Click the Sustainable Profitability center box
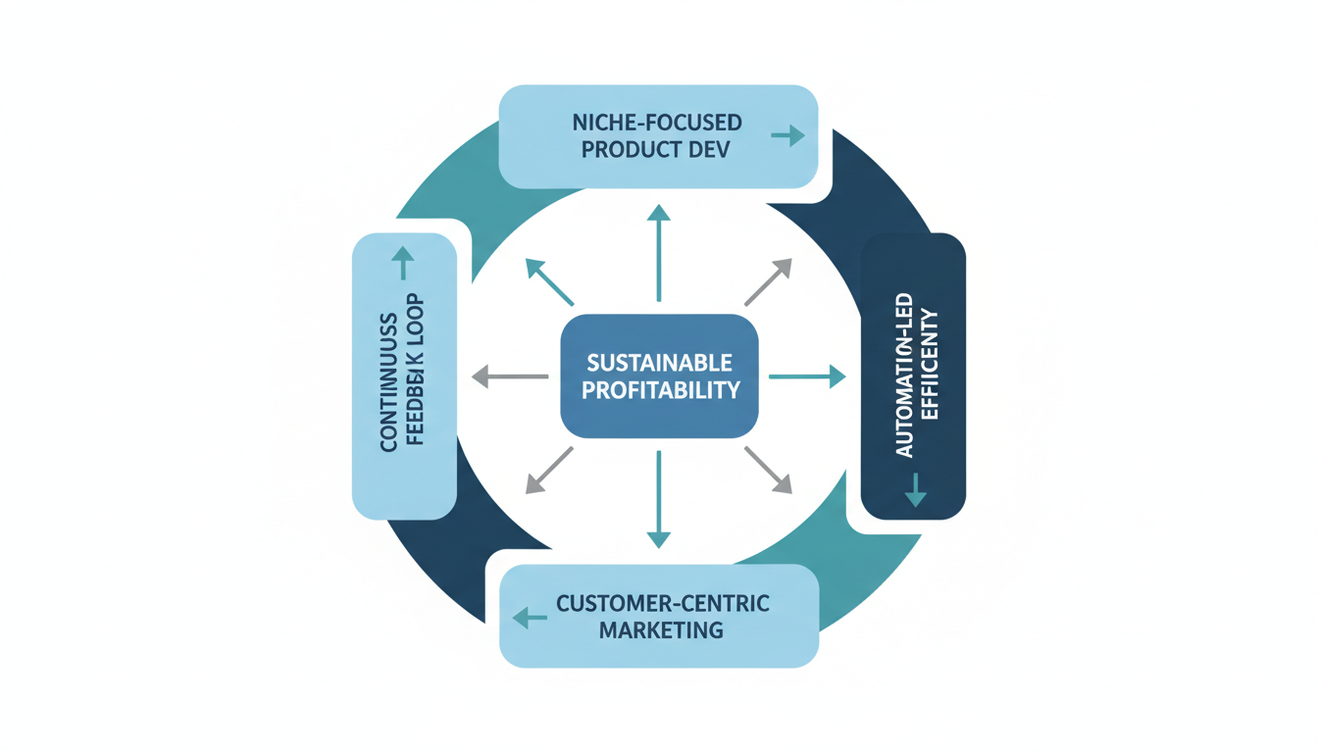(x=659, y=376)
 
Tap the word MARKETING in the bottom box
(x=661, y=629)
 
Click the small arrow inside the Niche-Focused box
(x=787, y=135)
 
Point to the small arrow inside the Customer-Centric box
(x=531, y=618)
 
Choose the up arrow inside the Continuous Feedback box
(x=403, y=263)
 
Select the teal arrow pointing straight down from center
(x=659, y=499)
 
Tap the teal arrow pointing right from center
(x=806, y=376)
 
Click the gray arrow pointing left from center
(x=510, y=376)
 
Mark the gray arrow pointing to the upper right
(x=768, y=282)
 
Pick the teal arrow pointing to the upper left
(x=549, y=282)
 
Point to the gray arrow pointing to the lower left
(x=549, y=470)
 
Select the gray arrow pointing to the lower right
(x=768, y=470)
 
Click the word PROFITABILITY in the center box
(x=661, y=390)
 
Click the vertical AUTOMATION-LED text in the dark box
(x=904, y=376)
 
